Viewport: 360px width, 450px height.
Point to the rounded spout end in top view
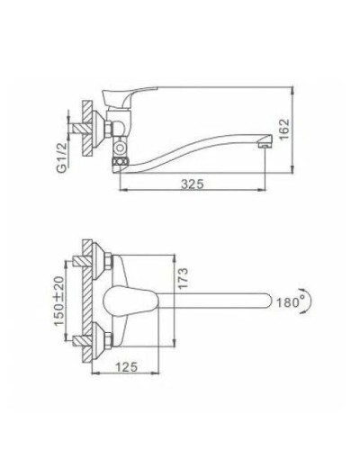(x=270, y=300)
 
